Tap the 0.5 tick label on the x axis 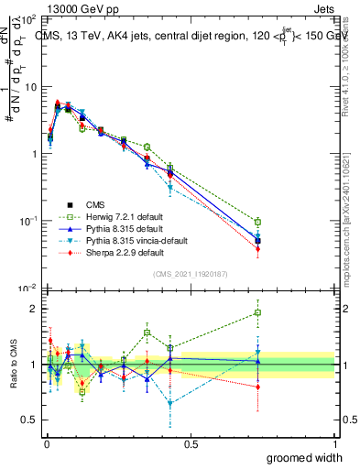pyautogui.click(x=191, y=444)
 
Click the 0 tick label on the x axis pyautogui.click(x=46, y=444)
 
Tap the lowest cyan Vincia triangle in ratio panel pyautogui.click(x=170, y=403)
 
